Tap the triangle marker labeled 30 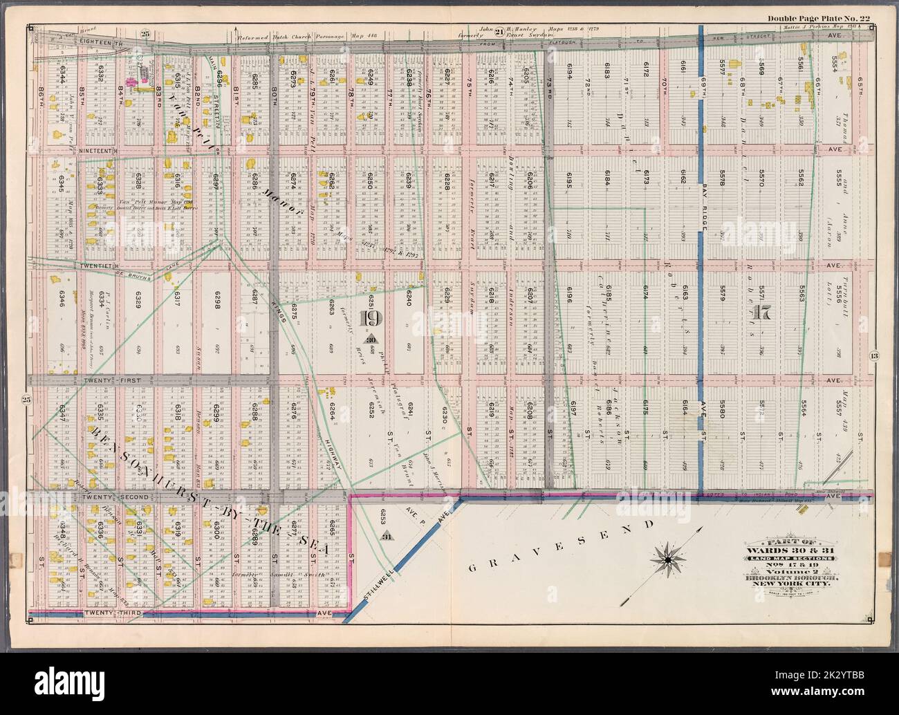tap(371, 339)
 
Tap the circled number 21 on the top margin tap(499, 29)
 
